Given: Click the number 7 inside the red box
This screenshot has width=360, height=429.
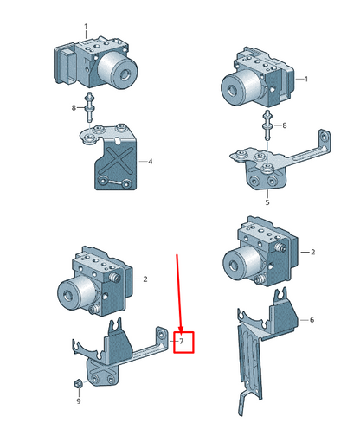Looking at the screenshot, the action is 182,342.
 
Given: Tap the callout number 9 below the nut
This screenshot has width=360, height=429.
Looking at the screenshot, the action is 79,401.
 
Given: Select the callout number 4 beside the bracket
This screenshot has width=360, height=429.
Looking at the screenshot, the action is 150,162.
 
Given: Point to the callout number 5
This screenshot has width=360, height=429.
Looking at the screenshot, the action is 267,202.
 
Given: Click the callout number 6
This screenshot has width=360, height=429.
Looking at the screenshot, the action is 312,320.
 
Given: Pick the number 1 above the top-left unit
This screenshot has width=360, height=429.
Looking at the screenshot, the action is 86,27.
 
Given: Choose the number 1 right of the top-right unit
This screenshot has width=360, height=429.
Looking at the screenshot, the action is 306,79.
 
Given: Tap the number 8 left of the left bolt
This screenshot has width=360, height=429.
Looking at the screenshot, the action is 74,108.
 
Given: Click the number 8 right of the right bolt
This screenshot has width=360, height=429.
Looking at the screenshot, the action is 285,125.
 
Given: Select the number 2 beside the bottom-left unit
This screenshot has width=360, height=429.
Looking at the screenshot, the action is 145,279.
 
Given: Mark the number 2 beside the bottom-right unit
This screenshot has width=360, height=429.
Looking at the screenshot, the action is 313,252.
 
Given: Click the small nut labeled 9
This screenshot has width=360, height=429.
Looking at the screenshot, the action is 77,384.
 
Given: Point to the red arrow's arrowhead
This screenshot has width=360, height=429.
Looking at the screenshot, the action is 181,329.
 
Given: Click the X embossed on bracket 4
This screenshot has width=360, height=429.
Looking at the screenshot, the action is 116,161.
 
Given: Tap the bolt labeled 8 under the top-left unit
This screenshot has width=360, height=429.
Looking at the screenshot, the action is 89,107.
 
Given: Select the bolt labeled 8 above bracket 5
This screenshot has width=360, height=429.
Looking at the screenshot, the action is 267,125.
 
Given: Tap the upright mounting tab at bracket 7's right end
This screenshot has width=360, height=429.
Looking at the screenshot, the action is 162,338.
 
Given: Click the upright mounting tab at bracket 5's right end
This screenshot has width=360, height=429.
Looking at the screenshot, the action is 325,141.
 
